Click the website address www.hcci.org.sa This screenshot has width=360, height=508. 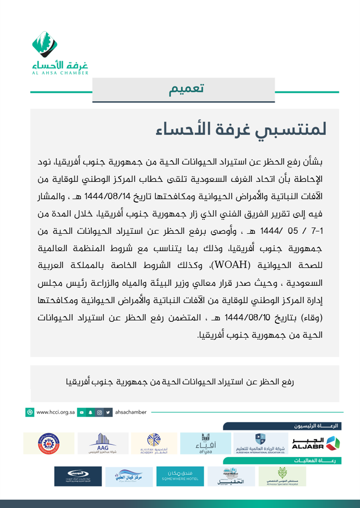coord(55,412)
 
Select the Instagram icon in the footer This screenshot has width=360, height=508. coord(99,412)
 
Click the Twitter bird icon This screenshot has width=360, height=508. coord(108,412)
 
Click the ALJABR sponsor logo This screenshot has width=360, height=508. coord(315,443)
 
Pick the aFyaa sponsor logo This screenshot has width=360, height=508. coord(205,443)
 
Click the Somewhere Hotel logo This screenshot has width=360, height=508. coord(180,476)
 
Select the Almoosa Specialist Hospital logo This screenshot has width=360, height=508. coord(282,476)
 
